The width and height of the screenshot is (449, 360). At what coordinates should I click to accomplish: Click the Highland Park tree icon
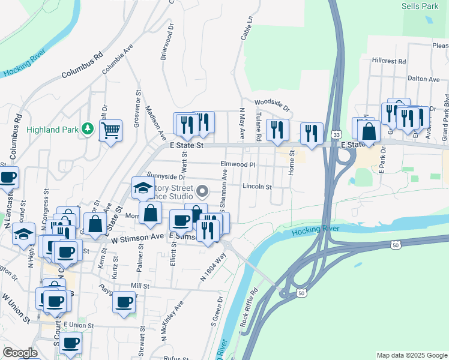tap(88, 128)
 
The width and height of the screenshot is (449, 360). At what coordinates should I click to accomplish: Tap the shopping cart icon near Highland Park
tap(110, 130)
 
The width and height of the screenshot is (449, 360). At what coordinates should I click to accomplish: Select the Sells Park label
tap(420, 6)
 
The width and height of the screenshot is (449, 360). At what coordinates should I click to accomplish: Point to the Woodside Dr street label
tap(272, 103)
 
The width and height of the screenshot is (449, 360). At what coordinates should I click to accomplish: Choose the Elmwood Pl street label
tap(238, 164)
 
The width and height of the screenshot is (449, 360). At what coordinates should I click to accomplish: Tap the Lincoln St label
tap(258, 187)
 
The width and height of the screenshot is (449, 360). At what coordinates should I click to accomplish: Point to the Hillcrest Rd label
tap(389, 61)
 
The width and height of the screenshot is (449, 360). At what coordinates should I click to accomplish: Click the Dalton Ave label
tap(424, 79)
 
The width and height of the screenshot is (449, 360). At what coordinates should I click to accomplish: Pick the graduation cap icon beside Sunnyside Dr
tap(143, 188)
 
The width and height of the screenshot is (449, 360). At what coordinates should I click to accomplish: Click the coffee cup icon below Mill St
tap(124, 303)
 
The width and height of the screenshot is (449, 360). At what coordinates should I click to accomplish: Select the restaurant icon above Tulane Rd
tap(277, 130)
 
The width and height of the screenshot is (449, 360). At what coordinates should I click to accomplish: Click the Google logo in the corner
tap(20, 353)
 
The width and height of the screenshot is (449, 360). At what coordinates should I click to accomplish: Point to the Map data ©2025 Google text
tap(412, 355)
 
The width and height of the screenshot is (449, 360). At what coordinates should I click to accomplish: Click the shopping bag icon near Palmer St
tap(149, 214)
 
